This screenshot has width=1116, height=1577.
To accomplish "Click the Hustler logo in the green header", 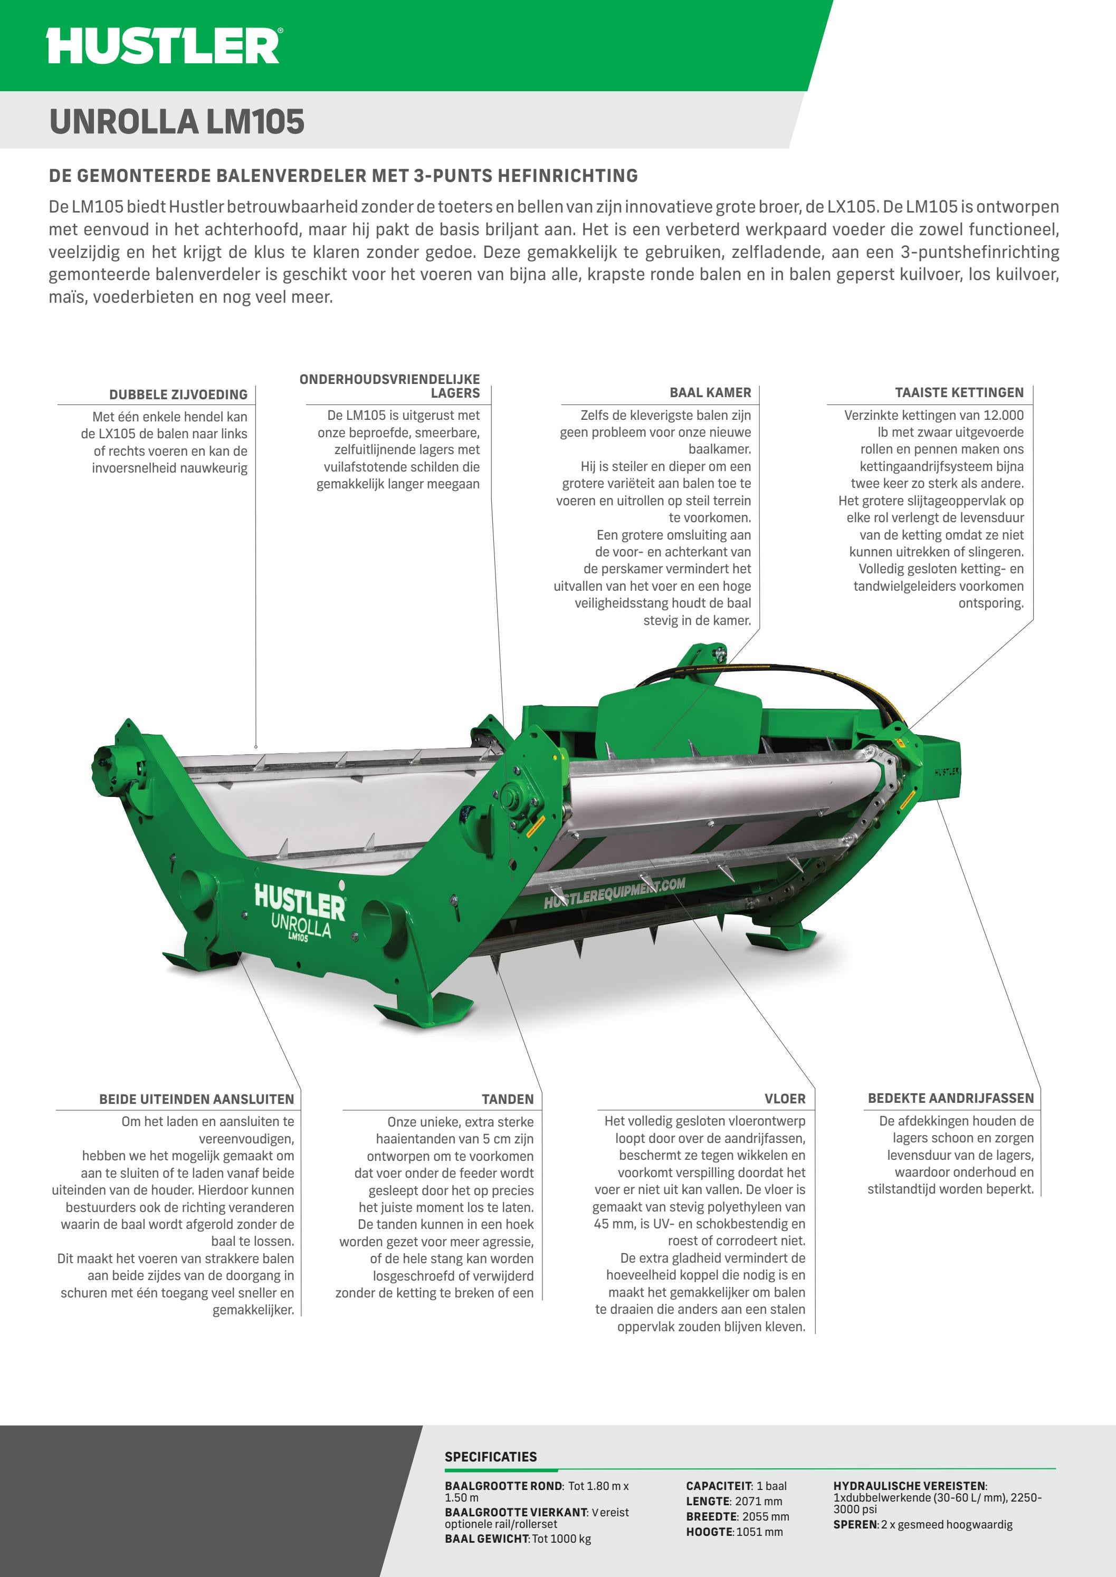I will click(164, 46).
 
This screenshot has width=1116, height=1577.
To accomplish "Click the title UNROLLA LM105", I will click(177, 122).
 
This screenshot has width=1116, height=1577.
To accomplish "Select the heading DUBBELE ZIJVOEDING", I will click(178, 395).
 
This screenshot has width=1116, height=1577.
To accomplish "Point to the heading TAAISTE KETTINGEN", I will click(959, 392).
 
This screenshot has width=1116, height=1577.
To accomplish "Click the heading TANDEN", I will click(507, 1099).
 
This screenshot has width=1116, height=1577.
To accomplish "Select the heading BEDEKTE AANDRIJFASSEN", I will click(950, 1098).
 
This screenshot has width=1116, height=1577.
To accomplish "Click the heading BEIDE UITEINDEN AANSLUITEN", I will click(196, 1099).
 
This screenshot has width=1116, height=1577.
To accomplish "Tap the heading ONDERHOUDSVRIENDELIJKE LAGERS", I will click(389, 386).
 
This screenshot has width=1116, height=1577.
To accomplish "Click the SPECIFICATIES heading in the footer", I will click(491, 1456).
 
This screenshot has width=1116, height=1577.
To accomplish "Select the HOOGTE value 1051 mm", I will click(759, 1532).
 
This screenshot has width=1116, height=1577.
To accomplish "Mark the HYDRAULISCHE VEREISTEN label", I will click(909, 1486).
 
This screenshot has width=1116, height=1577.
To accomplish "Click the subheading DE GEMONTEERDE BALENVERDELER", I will click(343, 176).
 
